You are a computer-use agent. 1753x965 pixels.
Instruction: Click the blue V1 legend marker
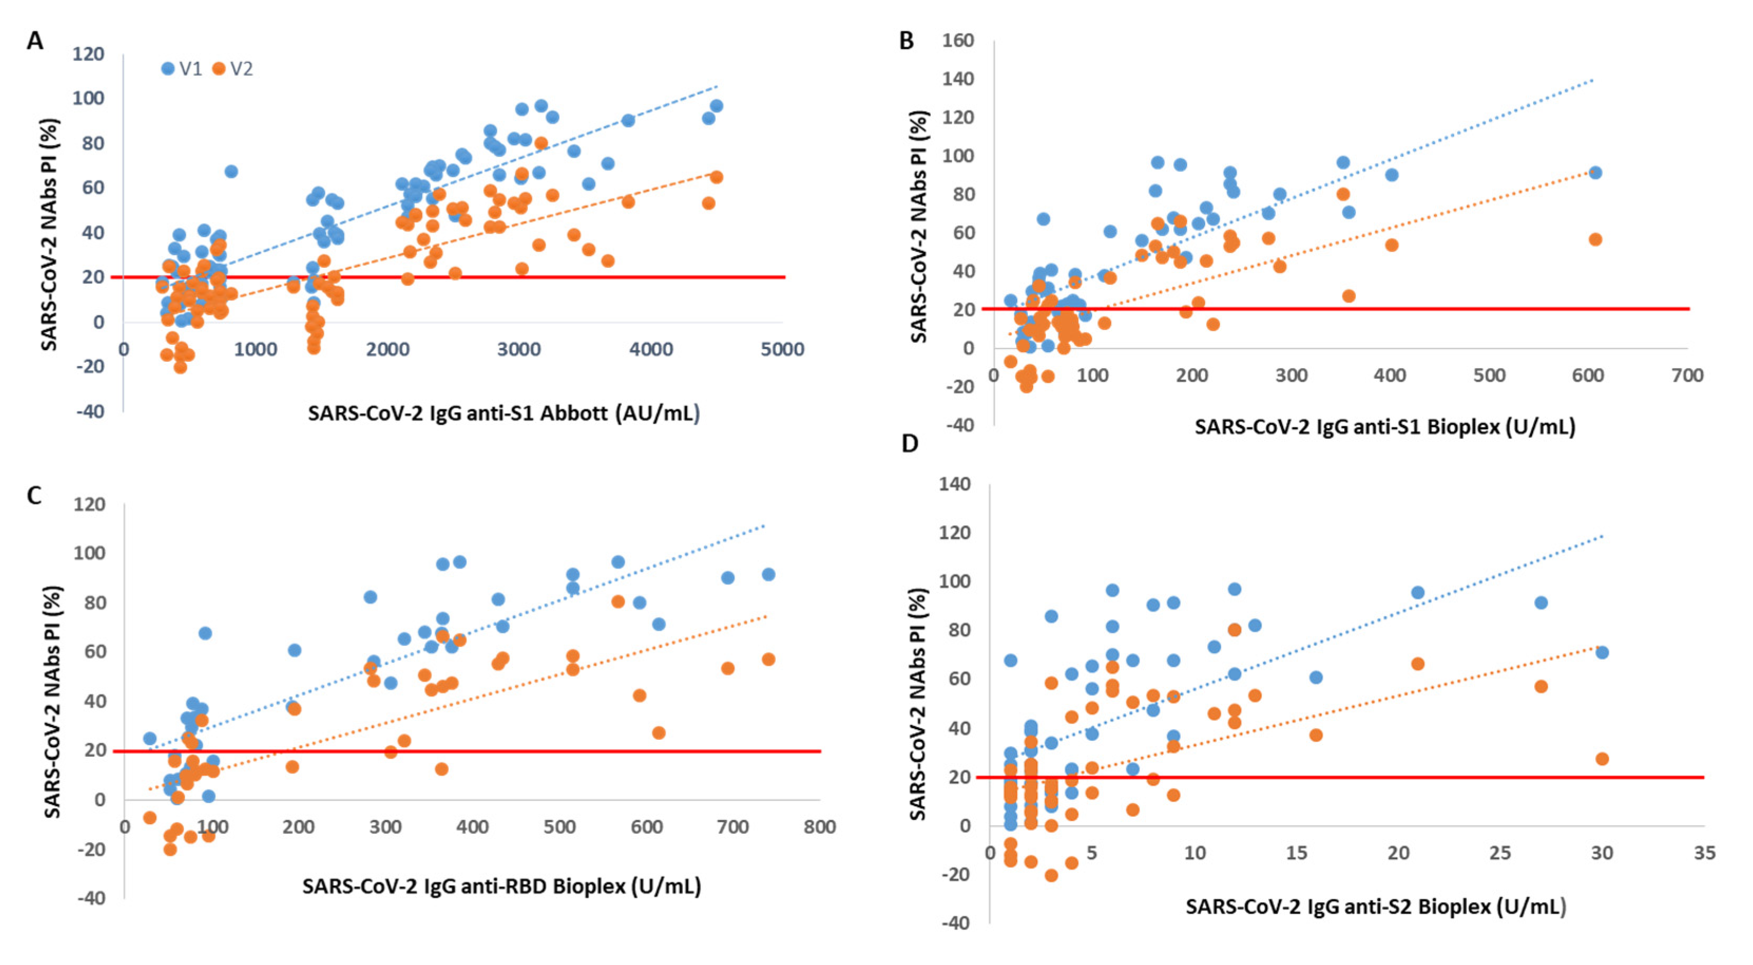pos(167,69)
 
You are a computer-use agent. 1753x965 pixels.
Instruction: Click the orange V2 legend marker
pos(218,69)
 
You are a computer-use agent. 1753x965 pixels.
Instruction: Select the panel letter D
pos(909,443)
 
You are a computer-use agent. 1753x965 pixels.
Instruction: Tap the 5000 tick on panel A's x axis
pos(782,350)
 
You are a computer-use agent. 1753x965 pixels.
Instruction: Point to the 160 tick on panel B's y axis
pos(958,41)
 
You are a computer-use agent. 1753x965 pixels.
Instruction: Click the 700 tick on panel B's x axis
pos(1687,375)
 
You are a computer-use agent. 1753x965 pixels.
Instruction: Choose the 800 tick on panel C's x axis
pos(820,827)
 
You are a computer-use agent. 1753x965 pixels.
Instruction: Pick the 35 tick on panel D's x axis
pos(1704,853)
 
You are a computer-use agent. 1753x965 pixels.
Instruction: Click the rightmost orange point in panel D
pos(1602,759)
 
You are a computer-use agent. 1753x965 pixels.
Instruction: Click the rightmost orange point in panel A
pos(716,178)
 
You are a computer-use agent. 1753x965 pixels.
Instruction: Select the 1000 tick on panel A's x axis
pos(255,350)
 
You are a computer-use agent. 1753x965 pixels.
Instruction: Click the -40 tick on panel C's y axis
pos(91,899)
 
